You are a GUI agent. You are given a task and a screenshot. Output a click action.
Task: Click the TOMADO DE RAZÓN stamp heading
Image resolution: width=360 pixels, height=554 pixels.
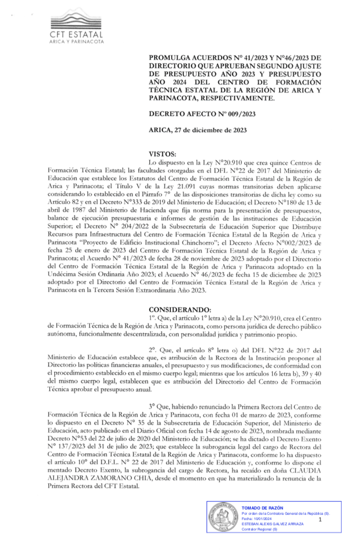(x=262, y=508)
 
